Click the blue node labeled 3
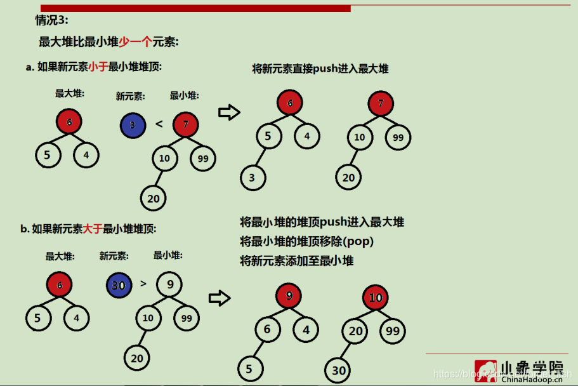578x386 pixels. (x=133, y=124)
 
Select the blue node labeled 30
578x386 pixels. (x=119, y=285)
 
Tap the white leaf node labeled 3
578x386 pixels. (x=253, y=178)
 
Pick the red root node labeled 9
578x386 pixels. (x=289, y=295)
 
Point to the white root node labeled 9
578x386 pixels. (x=169, y=284)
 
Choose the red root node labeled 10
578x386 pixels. (x=376, y=298)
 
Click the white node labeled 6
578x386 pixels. (x=268, y=329)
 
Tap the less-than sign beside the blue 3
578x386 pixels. (x=159, y=124)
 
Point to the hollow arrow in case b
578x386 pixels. (x=219, y=297)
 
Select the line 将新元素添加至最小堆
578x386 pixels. (x=296, y=260)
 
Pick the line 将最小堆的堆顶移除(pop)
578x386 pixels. (x=306, y=241)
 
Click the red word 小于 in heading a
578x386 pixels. (x=98, y=67)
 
